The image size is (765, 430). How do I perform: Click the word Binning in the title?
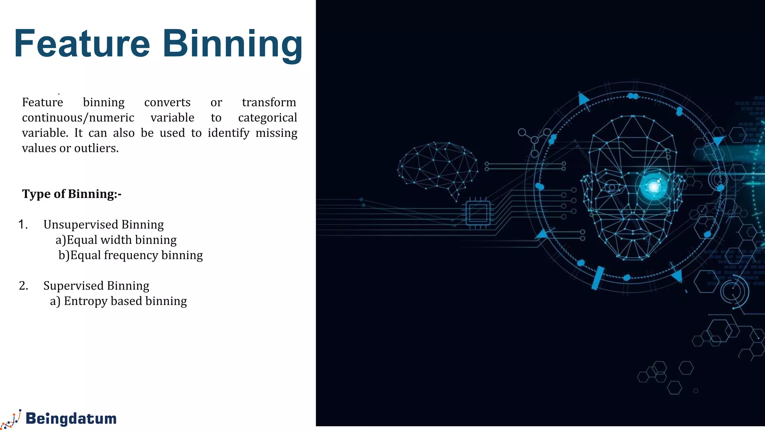coord(232,44)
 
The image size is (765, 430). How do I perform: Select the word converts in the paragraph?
coord(167,102)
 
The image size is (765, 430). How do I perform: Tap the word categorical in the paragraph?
coord(267,118)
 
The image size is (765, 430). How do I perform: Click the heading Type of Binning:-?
coord(72,194)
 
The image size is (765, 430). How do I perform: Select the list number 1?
coord(23,224)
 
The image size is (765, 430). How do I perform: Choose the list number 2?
coord(24,286)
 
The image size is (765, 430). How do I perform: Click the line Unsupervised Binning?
coord(103,224)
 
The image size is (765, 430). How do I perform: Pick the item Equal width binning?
coord(116,240)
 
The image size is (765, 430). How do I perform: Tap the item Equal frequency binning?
coord(131,255)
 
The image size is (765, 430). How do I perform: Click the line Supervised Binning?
coord(96,286)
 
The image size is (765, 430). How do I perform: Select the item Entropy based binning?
coord(118,301)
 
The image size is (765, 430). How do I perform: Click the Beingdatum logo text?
coord(71,418)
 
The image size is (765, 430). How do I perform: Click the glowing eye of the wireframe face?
coord(654,186)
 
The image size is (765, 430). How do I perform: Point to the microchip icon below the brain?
coord(478,213)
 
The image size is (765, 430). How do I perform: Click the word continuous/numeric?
coord(78,118)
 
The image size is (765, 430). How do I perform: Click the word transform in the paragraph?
coord(269,102)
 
